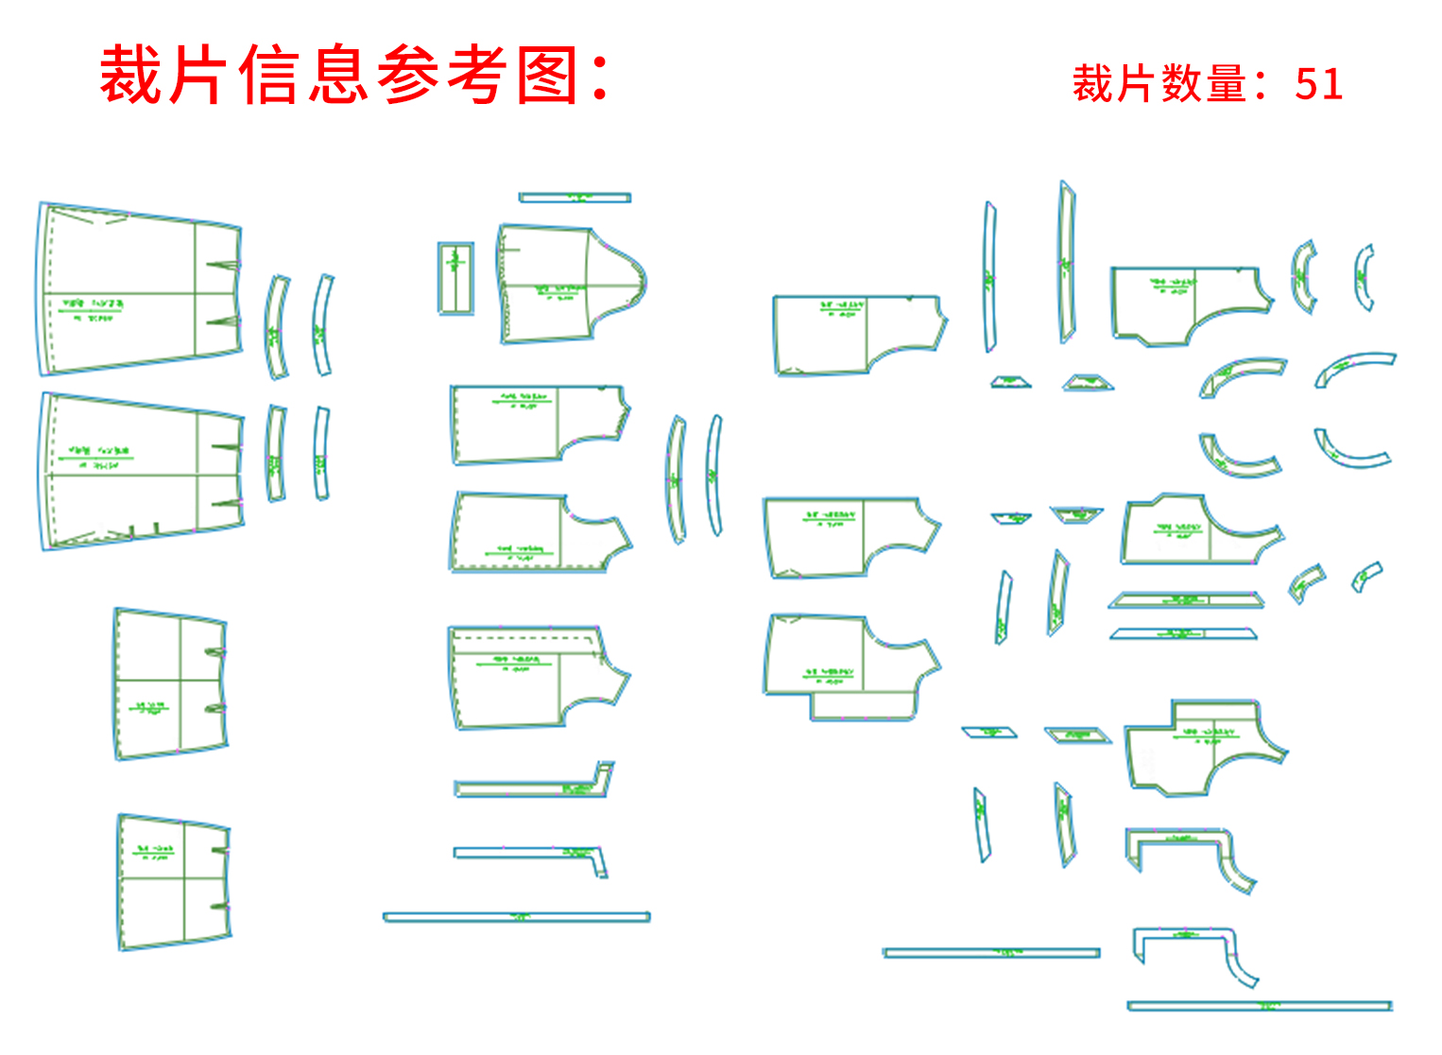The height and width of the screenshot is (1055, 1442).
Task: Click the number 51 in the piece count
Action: click(1319, 84)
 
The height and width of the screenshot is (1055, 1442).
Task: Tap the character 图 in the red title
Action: click(547, 76)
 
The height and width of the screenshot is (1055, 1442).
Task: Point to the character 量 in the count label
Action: click(1227, 84)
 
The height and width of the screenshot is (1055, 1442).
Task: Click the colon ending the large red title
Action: click(599, 76)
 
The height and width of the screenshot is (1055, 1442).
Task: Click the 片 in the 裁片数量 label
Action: click(1136, 84)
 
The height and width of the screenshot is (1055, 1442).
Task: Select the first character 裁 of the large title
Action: click(131, 76)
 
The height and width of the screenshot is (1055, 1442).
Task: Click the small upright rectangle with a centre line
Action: click(455, 278)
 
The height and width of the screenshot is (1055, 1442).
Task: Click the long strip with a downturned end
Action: click(529, 854)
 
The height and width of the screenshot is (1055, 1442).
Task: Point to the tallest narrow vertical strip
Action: click(1067, 262)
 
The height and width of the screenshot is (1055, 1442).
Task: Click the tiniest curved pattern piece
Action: click(1365, 576)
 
